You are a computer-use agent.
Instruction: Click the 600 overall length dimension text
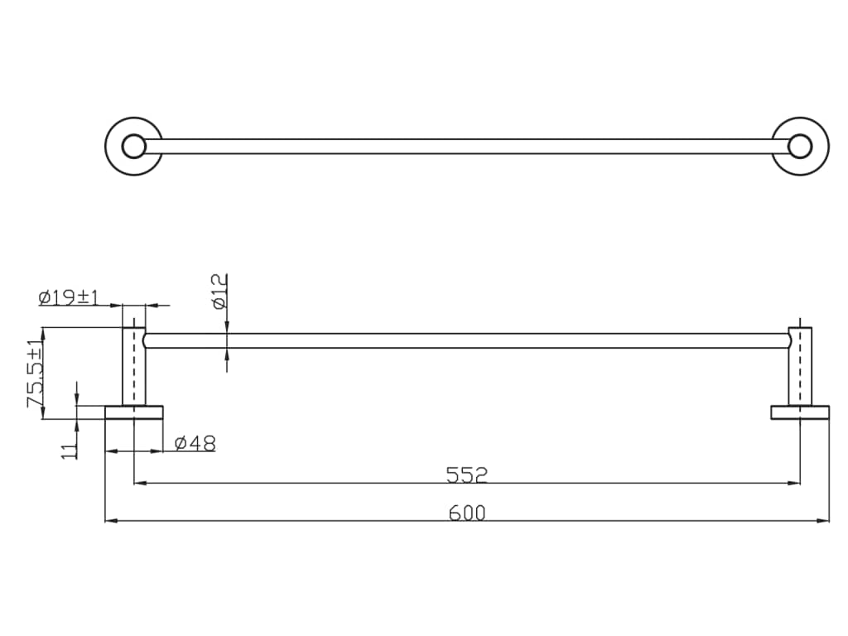(x=467, y=513)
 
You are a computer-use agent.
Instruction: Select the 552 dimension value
(x=467, y=475)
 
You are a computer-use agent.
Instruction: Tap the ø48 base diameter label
(x=195, y=444)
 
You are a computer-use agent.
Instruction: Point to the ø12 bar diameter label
(x=219, y=291)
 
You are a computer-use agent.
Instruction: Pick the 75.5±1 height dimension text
(x=36, y=373)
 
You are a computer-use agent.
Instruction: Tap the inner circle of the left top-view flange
(x=133, y=147)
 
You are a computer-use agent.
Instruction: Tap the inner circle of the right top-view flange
(x=799, y=147)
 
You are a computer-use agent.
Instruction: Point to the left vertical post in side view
(x=134, y=369)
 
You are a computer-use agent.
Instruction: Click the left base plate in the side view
(x=134, y=412)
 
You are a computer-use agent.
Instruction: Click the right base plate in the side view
(x=800, y=412)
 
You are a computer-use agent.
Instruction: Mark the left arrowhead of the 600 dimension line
(x=110, y=521)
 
